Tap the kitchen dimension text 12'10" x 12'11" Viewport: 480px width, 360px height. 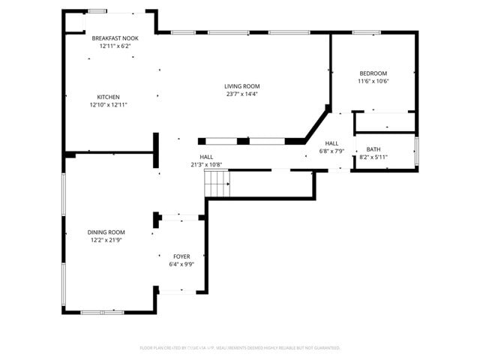(x=109, y=105)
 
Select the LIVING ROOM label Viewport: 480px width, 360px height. (x=241, y=86)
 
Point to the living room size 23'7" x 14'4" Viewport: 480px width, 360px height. (x=241, y=94)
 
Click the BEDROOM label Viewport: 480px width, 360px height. (x=373, y=73)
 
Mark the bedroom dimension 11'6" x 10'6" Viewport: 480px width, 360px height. (x=373, y=81)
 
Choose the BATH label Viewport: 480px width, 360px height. (x=373, y=149)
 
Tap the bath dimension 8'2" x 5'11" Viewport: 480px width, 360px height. (x=373, y=157)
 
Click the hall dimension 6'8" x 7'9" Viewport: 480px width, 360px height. (x=331, y=151)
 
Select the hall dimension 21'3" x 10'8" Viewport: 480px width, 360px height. (x=206, y=164)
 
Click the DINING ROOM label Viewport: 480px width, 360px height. (x=107, y=232)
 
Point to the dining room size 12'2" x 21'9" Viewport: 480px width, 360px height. (x=107, y=241)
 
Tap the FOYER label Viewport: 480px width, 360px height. (x=181, y=256)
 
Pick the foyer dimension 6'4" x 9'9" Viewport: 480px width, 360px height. (x=181, y=265)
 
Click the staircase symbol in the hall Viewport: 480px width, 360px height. (x=217, y=181)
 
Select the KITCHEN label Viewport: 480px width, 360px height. (x=108, y=97)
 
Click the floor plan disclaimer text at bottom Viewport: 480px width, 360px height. (x=240, y=348)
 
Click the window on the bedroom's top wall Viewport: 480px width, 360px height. (x=366, y=32)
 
